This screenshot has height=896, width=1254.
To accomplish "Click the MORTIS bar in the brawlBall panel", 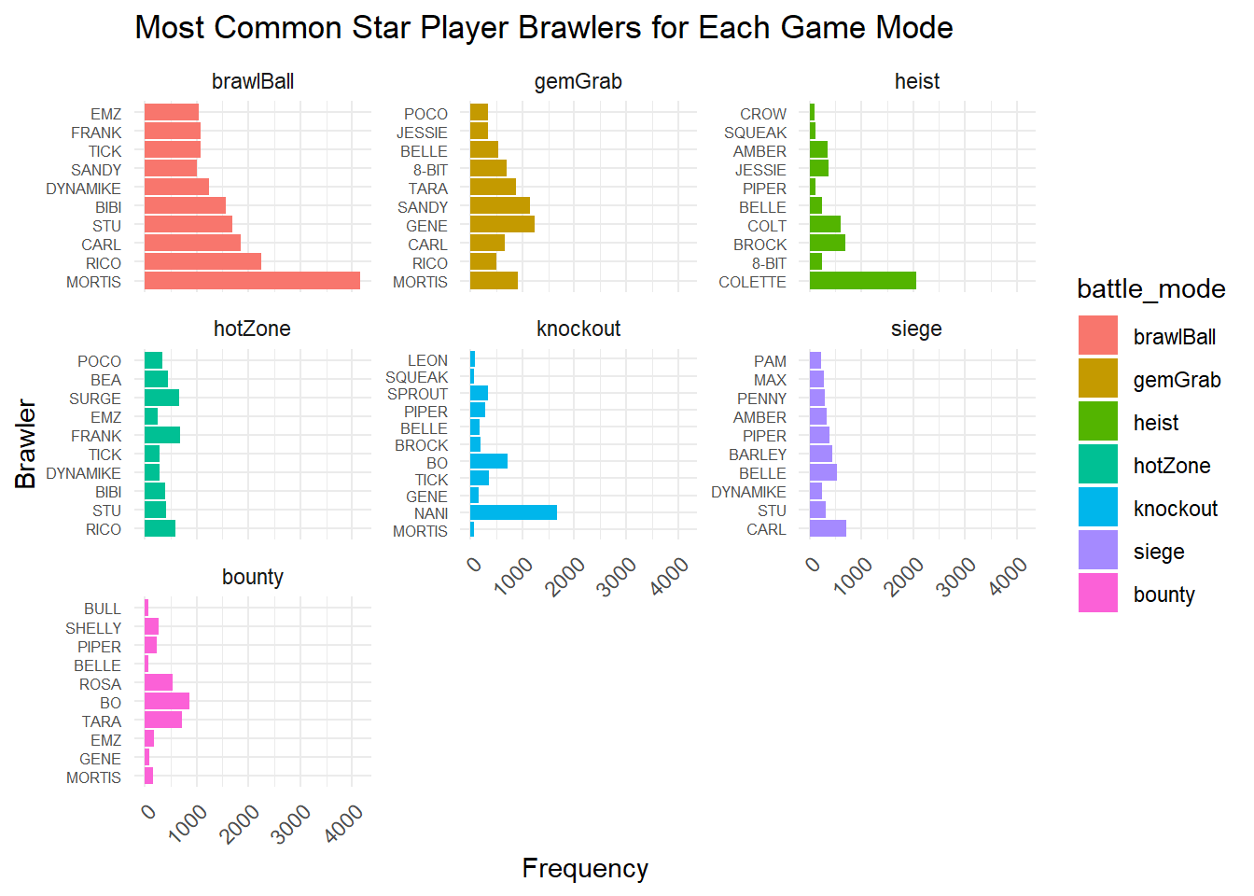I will [252, 281].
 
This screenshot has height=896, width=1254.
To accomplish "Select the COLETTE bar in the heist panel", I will [863, 281].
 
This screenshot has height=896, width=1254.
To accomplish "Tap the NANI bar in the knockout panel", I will [513, 512].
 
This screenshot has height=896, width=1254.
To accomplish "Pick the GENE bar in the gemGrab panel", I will [502, 225].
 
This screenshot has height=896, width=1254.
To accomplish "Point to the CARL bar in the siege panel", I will [828, 529].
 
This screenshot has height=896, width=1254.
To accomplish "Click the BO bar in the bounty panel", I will [167, 702].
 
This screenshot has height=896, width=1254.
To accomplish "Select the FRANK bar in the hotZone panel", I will [162, 435].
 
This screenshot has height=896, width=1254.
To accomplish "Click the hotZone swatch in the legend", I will [1098, 466].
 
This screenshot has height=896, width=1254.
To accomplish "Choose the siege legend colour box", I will [1098, 551].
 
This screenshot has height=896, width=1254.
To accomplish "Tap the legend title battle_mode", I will [1150, 289].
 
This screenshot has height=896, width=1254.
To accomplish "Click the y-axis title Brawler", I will [26, 443].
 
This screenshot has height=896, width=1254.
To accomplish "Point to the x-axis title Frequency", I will [585, 869].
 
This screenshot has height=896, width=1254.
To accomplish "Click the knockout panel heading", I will [578, 329].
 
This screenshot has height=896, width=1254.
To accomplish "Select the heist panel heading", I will [916, 81].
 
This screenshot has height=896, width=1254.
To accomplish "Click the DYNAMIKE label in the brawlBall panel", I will [84, 189].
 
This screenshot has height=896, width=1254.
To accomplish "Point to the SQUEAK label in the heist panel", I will [755, 133].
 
